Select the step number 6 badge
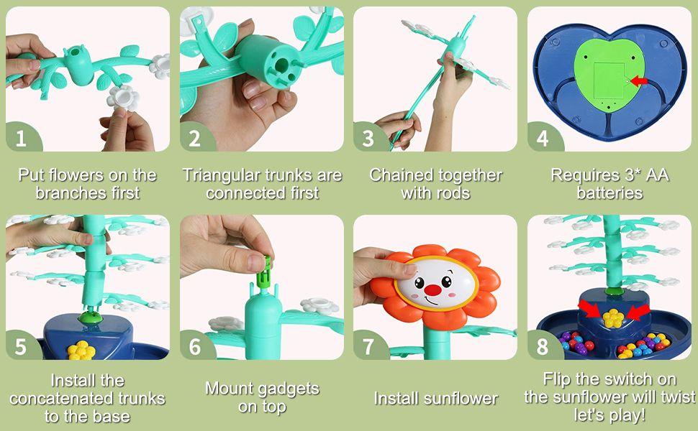pyautogui.click(x=195, y=346)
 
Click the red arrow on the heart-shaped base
pyautogui.click(x=639, y=81)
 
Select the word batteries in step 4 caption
pyautogui.click(x=610, y=193)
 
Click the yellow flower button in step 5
pyautogui.click(x=81, y=350)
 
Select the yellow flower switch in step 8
pyautogui.click(x=612, y=318)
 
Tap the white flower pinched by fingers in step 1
pyautogui.click(x=123, y=98)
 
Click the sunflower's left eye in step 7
pyautogui.click(x=420, y=283)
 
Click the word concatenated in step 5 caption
pyautogui.click(x=87, y=399)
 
